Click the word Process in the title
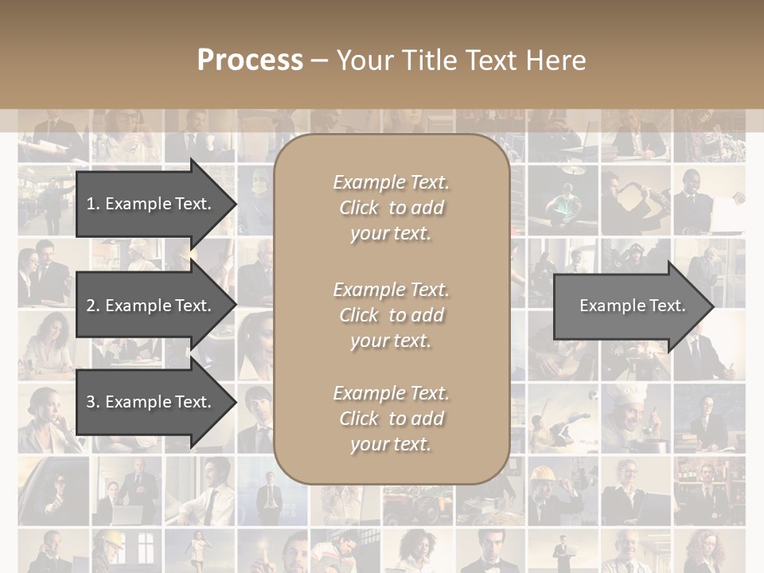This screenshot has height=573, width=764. click(250, 60)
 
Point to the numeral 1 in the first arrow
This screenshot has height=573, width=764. click(91, 204)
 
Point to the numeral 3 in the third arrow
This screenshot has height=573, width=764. click(91, 402)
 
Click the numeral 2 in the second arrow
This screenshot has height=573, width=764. click(91, 306)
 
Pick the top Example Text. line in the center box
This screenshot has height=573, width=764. click(392, 182)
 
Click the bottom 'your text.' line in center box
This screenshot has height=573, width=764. click(392, 444)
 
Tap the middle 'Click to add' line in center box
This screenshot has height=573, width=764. click(392, 315)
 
